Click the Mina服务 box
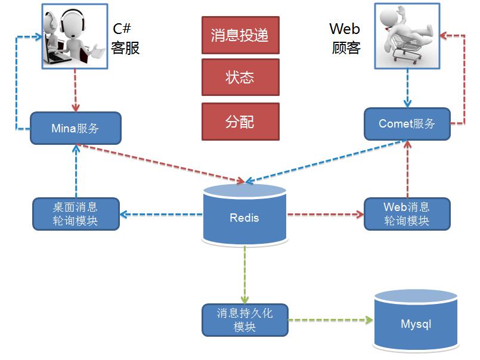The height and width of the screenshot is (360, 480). click(x=75, y=128)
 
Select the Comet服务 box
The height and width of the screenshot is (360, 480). click(x=407, y=124)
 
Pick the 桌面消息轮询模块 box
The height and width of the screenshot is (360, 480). click(x=75, y=214)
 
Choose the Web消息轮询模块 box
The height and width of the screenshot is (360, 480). click(x=407, y=214)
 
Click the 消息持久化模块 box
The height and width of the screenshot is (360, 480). click(x=244, y=319)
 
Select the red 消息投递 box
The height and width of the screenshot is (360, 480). click(x=240, y=35)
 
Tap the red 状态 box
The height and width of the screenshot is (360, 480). click(x=240, y=77)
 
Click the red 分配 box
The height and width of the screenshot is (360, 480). click(x=240, y=122)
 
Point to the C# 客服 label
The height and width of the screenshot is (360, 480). click(x=125, y=39)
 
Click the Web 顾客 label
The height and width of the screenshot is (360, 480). click(x=345, y=39)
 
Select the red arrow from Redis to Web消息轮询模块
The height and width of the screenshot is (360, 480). click(x=325, y=214)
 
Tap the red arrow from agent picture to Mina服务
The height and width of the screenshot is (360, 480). click(x=75, y=89)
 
